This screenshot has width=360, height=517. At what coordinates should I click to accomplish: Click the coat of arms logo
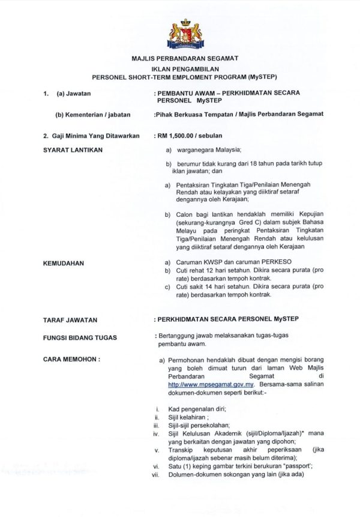click(185, 33)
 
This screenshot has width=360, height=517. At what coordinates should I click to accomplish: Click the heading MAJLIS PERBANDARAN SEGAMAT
click(185, 58)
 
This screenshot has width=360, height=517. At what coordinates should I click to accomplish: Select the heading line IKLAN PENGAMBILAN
click(185, 68)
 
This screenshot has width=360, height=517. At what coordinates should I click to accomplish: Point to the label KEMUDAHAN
click(64, 263)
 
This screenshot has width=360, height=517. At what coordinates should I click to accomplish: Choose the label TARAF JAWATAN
click(71, 320)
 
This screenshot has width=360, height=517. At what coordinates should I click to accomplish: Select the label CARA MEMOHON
click(71, 359)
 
